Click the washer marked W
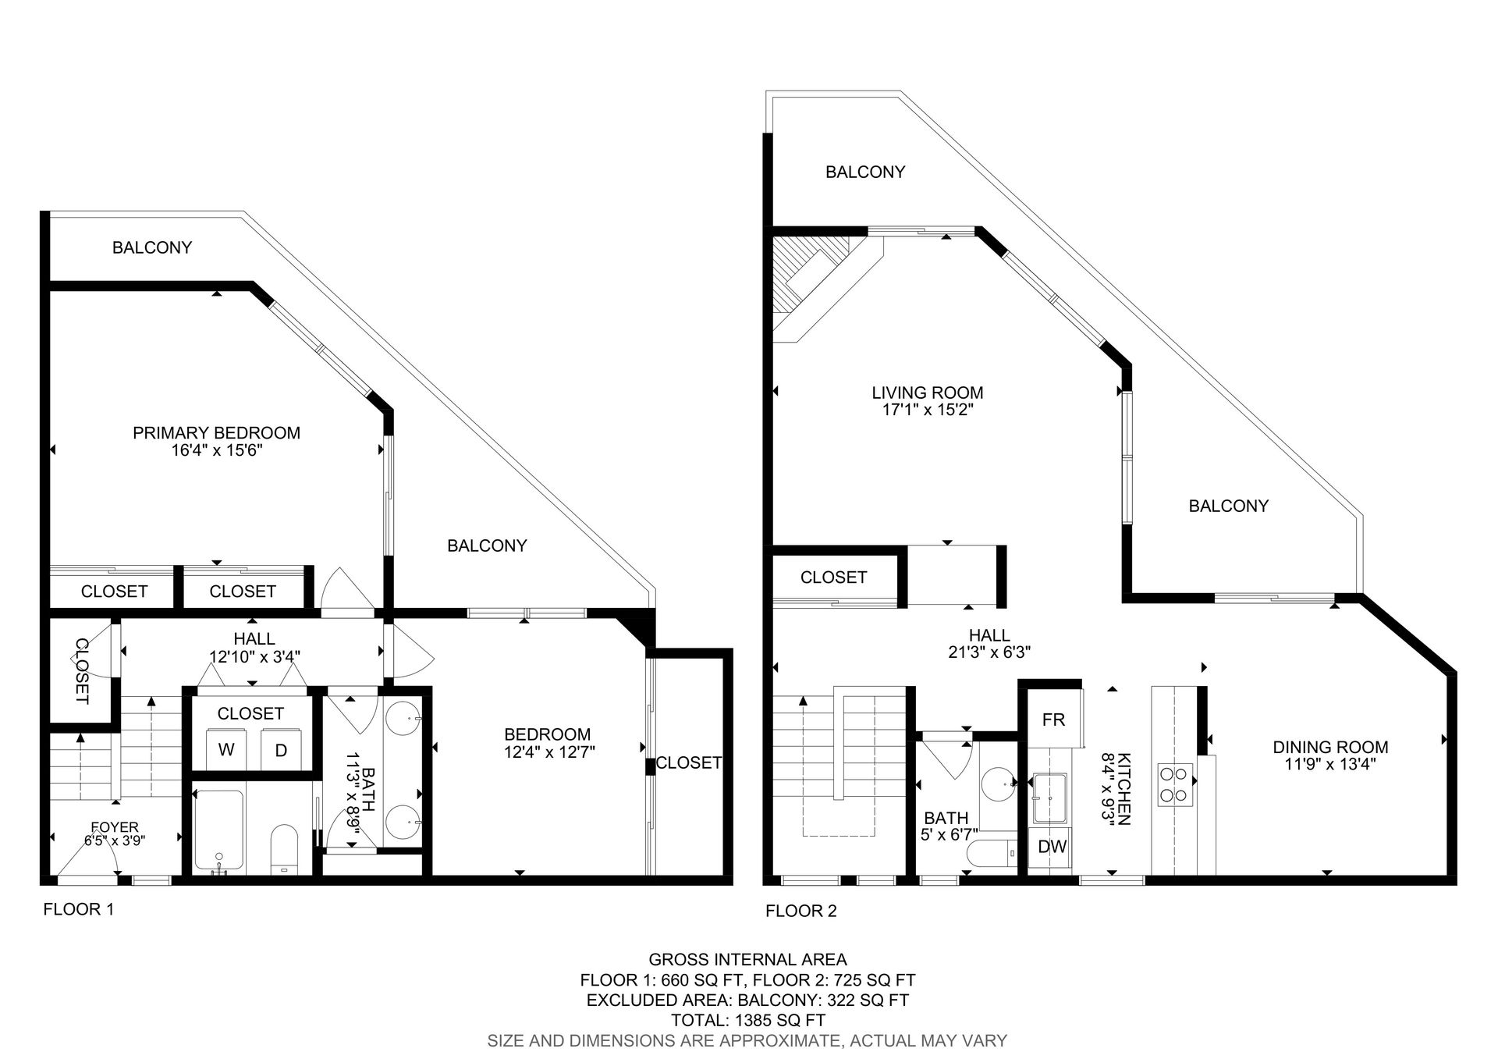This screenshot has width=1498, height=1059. [x=226, y=750]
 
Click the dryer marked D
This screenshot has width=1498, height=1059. [x=281, y=750]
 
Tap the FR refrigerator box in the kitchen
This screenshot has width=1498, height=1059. [x=1053, y=720]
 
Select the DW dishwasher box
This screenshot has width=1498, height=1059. [x=1053, y=846]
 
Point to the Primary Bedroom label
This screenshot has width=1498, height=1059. [x=216, y=432]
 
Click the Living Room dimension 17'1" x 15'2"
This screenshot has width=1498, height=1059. [x=927, y=410]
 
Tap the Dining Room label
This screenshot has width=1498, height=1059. [x=1330, y=747]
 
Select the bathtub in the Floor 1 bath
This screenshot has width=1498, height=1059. [x=219, y=832]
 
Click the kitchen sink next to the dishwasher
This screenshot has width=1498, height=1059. [x=1049, y=798]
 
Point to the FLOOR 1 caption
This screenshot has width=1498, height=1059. [x=78, y=909]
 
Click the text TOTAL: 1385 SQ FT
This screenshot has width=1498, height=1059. [x=747, y=1020]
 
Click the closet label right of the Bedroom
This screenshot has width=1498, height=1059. [x=688, y=762]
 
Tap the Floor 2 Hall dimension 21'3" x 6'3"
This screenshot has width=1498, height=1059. [x=989, y=652]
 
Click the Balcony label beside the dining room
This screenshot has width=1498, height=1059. [x=1228, y=506]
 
